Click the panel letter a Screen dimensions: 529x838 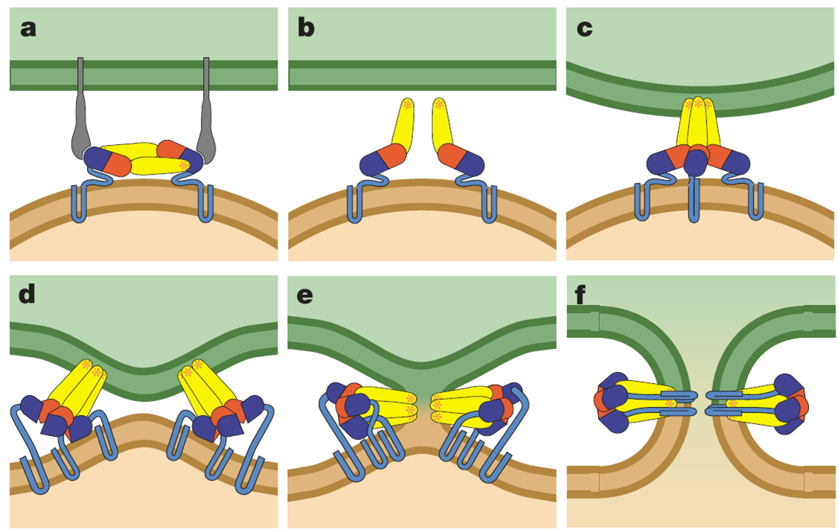pos(28,29)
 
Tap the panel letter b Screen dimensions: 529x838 pos(305,29)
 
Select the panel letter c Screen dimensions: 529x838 pos(584,29)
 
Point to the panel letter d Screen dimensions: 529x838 pos(28,296)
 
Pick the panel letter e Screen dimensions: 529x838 pos(304,296)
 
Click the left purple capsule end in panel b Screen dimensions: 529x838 pos(371,164)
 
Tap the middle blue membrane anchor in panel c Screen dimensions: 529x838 pos(695,197)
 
